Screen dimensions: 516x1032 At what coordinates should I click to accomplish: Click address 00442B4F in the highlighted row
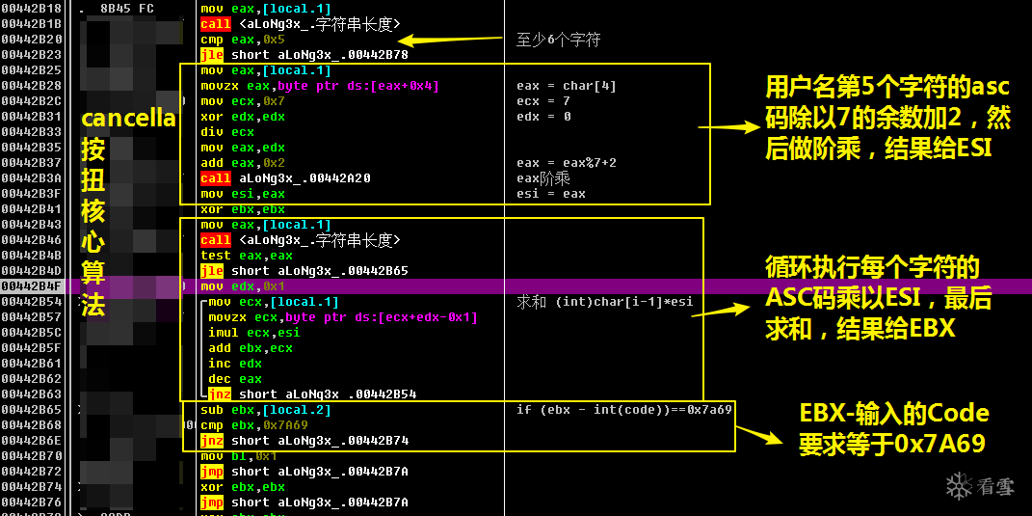31,286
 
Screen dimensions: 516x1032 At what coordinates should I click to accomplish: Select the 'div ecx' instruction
227,132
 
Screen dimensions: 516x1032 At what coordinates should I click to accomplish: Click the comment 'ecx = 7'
542,101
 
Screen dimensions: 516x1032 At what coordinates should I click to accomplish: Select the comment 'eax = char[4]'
566,86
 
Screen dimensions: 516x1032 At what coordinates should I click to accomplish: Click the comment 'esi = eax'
550,194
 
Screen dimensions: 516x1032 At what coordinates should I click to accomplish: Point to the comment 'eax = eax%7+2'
566,163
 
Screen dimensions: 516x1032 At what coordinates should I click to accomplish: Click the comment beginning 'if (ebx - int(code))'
624,410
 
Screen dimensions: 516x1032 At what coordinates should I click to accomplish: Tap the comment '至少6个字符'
558,40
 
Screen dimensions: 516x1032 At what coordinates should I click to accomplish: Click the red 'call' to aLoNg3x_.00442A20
215,178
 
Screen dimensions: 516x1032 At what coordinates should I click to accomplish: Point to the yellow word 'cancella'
128,119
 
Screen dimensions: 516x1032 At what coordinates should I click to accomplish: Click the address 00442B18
31,9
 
